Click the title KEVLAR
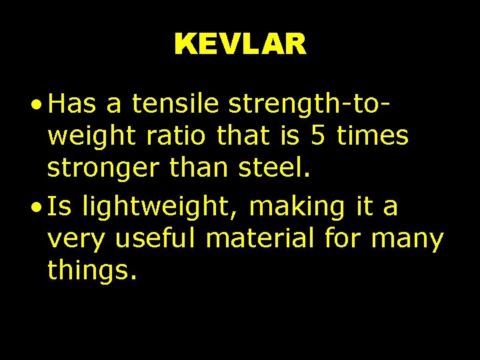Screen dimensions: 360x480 pyautogui.click(x=240, y=45)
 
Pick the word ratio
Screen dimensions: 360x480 pyautogui.click(x=169, y=137)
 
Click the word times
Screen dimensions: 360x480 pyautogui.click(x=373, y=137)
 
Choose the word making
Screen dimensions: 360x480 pyautogui.click(x=296, y=207)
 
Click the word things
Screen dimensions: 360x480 pyautogui.click(x=92, y=272)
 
